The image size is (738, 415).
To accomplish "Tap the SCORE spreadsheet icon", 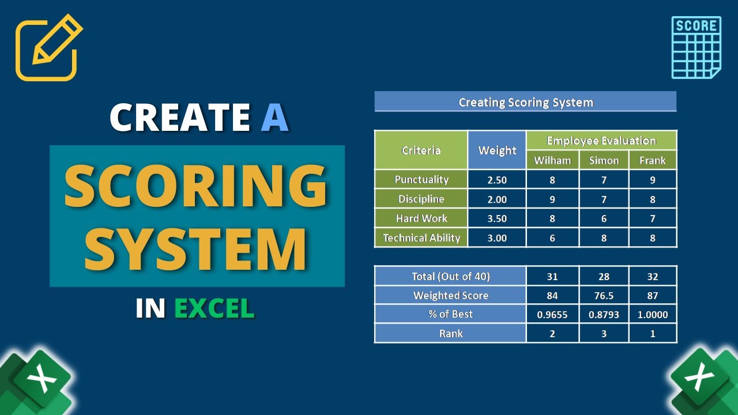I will (696, 47).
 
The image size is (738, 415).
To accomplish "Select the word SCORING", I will (196, 187).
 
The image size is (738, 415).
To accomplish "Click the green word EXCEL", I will (214, 309).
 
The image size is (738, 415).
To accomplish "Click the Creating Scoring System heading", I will (525, 103).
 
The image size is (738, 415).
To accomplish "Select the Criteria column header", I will (421, 150).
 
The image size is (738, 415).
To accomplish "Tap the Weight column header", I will (497, 150).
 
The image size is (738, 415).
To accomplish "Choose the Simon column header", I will (604, 160).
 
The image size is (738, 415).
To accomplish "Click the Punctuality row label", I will (421, 180).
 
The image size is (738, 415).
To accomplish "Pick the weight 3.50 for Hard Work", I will (497, 218).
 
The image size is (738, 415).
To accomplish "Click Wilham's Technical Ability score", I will (552, 238).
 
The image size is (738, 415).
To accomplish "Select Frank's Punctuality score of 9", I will (653, 180).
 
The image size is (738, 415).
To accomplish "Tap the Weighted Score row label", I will (450, 296).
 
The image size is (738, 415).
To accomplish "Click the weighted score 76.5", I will (604, 296).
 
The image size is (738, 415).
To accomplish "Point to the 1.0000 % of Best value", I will (653, 315).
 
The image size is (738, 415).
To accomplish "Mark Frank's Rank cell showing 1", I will (653, 334).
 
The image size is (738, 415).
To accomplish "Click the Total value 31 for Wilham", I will (552, 277).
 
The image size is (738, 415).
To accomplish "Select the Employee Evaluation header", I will (601, 141).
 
